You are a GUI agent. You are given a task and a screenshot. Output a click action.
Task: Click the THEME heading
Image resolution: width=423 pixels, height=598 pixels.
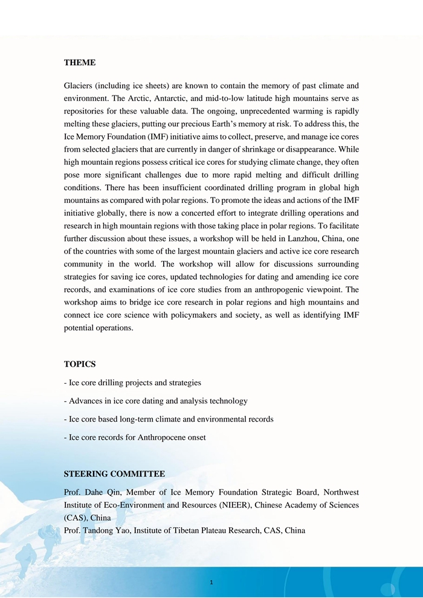pyautogui.click(x=80, y=62)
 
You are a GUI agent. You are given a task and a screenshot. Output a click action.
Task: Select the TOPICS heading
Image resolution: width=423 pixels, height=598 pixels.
pyautogui.click(x=80, y=364)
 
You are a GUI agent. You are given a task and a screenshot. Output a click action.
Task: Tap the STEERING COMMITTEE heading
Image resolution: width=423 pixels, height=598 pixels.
pyautogui.click(x=114, y=474)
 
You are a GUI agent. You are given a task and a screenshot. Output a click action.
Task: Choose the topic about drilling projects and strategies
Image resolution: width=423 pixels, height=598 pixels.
pyautogui.click(x=132, y=382)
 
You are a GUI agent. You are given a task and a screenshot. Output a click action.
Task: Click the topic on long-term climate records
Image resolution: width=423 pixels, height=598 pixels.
pyautogui.click(x=169, y=419)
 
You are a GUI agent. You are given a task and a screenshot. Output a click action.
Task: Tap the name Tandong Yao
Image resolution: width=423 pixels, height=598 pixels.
pyautogui.click(x=105, y=530)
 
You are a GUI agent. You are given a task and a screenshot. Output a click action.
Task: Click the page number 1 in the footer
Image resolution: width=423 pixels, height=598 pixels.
pyautogui.click(x=211, y=582)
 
